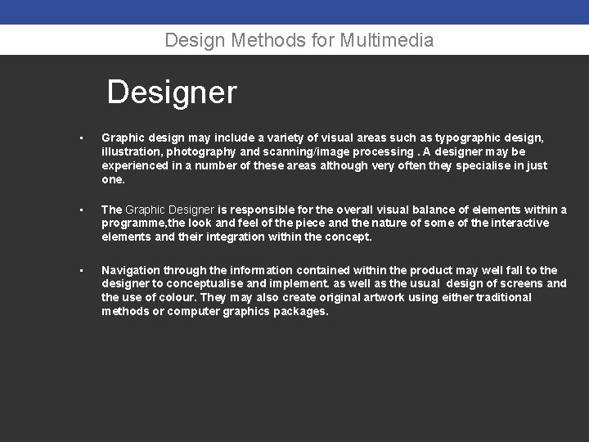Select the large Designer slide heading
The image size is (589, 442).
[172, 92]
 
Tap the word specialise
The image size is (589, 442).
[486, 166]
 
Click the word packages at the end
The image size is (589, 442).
[298, 311]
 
